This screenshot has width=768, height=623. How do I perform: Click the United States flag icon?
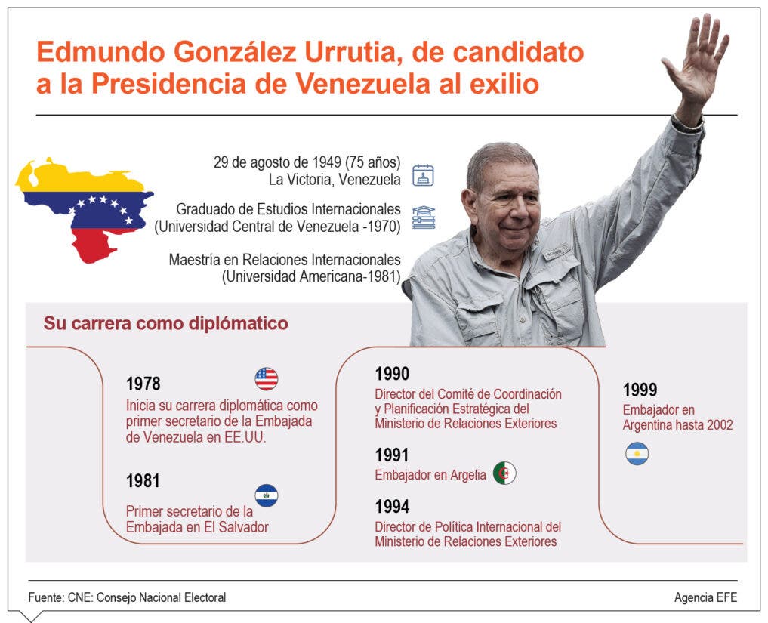(267, 378)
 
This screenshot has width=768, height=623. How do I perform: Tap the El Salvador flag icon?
(267, 495)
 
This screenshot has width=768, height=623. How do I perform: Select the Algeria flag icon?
(504, 473)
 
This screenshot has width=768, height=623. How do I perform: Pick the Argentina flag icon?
(637, 454)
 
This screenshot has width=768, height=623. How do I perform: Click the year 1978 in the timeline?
(143, 384)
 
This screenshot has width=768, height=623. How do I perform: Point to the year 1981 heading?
(143, 481)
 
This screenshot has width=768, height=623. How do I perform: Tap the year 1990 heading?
(392, 374)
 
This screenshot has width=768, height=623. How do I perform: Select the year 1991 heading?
(392, 455)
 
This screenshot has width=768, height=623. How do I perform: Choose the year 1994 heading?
(392, 507)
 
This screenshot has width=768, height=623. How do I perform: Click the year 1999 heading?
(640, 390)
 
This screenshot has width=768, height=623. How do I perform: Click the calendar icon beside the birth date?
(423, 175)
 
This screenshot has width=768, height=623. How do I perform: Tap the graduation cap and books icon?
(424, 217)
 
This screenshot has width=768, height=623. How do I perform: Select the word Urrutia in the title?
(353, 52)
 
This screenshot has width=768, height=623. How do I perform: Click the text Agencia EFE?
(705, 597)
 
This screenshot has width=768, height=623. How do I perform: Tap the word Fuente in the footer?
(45, 597)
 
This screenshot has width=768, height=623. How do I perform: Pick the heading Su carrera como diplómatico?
(165, 323)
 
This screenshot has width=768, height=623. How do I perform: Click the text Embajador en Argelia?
(430, 475)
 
